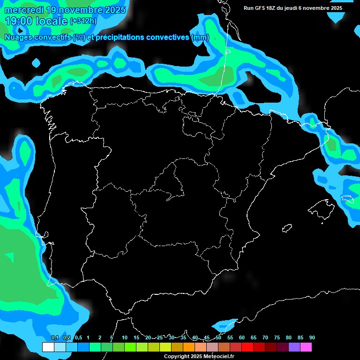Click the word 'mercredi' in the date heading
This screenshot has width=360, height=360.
tap(22, 10)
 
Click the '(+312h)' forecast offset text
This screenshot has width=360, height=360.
tap(83, 21)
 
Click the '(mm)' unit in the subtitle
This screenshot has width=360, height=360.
tap(200, 37)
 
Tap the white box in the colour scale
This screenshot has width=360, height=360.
tap(48, 347)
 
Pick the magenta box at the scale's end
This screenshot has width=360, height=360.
tap(306, 347)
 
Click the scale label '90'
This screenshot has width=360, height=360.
tap(312, 337)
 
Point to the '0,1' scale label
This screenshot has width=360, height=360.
tap(55, 337)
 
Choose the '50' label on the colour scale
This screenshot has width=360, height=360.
tap(218, 337)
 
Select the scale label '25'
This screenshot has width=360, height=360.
tap(160, 337)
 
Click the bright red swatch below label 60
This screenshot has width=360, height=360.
tap(247, 347)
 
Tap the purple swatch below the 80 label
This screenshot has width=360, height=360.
tap(294, 347)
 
